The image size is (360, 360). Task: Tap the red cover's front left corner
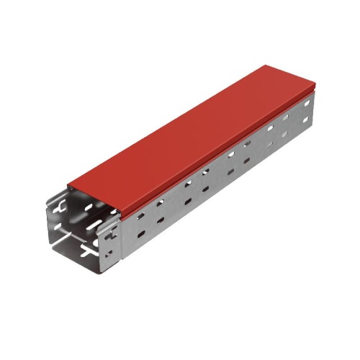click(x=69, y=186)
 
